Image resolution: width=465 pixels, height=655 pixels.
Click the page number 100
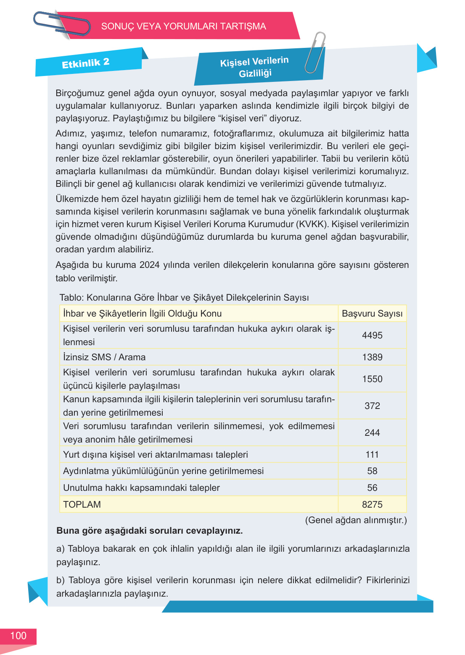tap(18, 636)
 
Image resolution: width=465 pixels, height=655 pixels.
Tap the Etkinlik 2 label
tap(85, 63)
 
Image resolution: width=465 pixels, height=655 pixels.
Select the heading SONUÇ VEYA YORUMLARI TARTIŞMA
tap(183, 26)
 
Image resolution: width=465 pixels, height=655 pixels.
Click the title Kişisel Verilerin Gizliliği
tap(254, 67)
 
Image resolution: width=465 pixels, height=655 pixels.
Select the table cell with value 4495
tap(372, 335)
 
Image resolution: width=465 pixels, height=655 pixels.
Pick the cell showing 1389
tap(372, 357)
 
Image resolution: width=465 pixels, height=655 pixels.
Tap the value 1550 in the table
tap(372, 379)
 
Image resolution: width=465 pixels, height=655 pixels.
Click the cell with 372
tap(372, 406)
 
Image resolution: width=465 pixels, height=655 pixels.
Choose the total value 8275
tap(372, 504)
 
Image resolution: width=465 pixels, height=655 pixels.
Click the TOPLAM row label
tap(82, 504)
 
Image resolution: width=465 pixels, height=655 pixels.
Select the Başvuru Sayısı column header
tap(372, 314)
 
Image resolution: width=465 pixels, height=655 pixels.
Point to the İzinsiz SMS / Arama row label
tap(104, 357)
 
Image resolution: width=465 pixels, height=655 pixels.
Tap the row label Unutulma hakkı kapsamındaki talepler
tap(141, 487)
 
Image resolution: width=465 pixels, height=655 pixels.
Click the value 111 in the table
tap(372, 454)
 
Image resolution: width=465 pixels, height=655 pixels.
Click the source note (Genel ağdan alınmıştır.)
tap(356, 520)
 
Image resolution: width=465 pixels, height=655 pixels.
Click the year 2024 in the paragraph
tap(149, 265)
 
